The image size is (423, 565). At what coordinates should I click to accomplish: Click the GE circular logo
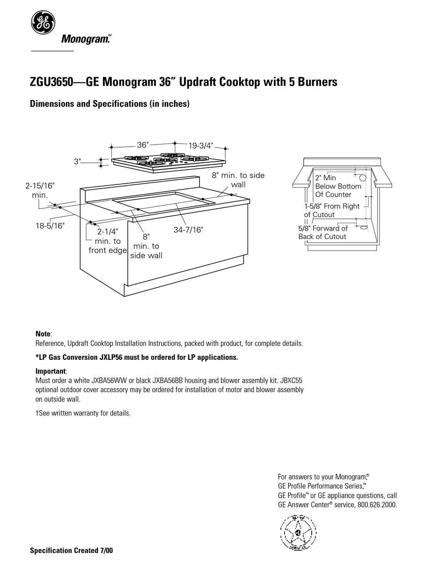pyautogui.click(x=43, y=22)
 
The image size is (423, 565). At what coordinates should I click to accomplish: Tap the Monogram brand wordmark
pyautogui.click(x=85, y=39)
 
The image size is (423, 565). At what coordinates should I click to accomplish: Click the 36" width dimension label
pyautogui.click(x=142, y=145)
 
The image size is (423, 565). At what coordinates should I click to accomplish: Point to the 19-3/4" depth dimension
pyautogui.click(x=200, y=145)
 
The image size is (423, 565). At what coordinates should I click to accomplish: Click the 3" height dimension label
pyautogui.click(x=77, y=162)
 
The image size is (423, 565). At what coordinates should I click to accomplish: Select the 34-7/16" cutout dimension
pyautogui.click(x=188, y=230)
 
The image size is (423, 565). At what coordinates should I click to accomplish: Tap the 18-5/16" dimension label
pyautogui.click(x=50, y=226)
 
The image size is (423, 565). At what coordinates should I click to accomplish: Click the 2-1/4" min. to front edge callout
pyautogui.click(x=107, y=241)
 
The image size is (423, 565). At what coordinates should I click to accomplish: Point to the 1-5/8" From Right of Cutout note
pyautogui.click(x=332, y=210)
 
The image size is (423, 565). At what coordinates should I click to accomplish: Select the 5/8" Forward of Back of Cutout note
pyautogui.click(x=323, y=232)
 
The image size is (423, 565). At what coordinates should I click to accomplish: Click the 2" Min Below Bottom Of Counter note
pyautogui.click(x=338, y=186)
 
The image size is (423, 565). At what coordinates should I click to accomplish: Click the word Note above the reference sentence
pyautogui.click(x=43, y=334)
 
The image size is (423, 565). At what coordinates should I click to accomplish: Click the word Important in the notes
pyautogui.click(x=51, y=371)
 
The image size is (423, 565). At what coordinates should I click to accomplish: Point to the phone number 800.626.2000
pyautogui.click(x=377, y=505)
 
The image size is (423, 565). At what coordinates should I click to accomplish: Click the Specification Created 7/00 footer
pyautogui.click(x=71, y=551)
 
